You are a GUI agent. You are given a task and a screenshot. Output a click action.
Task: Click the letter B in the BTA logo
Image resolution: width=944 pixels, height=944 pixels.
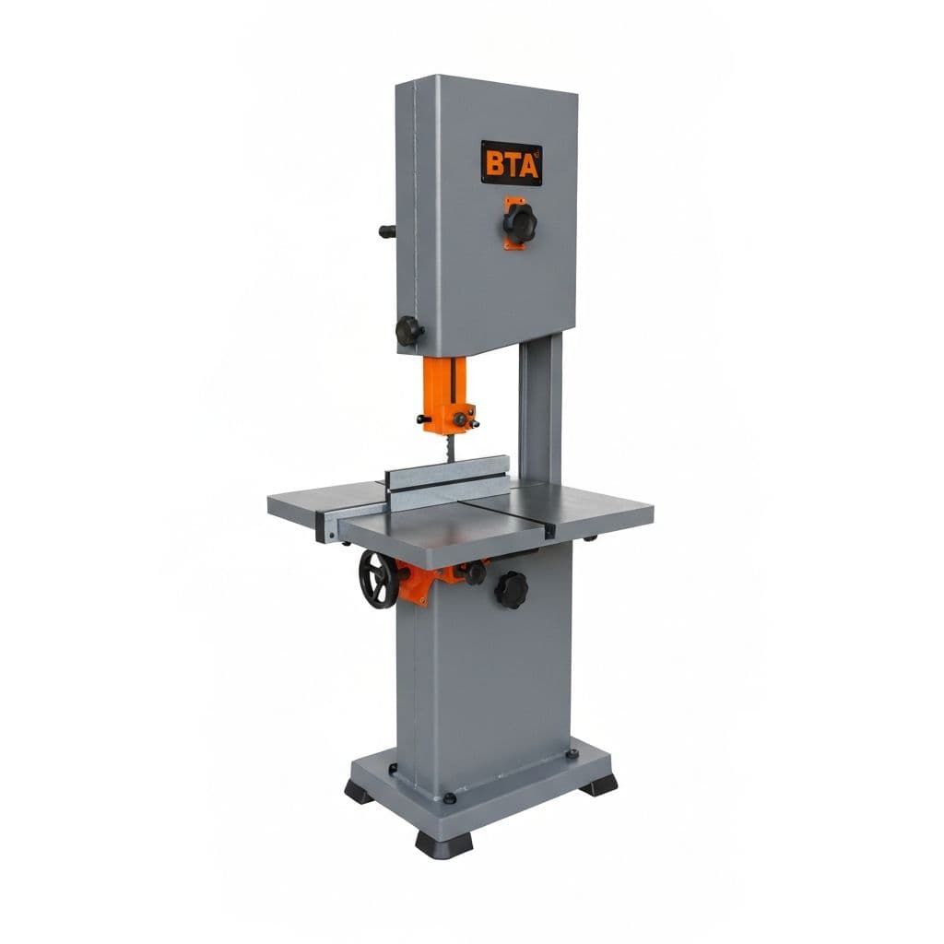coord(495,164)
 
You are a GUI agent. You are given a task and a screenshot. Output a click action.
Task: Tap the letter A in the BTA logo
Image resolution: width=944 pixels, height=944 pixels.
coord(529,164)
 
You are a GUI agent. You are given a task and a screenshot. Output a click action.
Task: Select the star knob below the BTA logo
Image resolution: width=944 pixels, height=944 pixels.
coord(519,222)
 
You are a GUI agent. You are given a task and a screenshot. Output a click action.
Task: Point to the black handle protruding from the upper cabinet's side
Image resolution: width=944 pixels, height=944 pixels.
coord(387,231)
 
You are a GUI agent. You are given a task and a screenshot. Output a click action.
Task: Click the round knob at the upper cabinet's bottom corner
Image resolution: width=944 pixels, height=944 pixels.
coord(408,331)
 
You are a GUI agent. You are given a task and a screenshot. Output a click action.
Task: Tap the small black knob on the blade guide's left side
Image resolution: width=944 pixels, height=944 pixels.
coord(425,419)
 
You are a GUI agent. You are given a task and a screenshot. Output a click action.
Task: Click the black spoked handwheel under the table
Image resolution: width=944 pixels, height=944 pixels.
coord(377,580)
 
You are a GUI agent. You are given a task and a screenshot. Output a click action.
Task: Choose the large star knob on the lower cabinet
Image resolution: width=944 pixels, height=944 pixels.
coord(511,588)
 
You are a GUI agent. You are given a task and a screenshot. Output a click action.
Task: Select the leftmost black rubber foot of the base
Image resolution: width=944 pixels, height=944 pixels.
coord(360,791)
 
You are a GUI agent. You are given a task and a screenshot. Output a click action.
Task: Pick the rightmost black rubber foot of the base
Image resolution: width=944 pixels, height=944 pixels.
coord(600,785)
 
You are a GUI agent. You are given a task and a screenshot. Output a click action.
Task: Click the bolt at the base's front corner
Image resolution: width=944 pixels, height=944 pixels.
coord(449,798)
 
